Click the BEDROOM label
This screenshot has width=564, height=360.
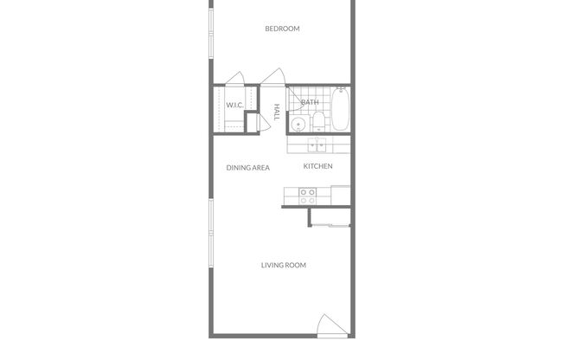(282, 29)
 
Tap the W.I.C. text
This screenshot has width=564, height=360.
(234, 106)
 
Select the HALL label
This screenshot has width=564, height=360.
(277, 112)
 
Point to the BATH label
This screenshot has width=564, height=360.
(309, 102)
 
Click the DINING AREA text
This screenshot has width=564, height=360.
(248, 168)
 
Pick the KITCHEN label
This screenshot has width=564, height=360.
(317, 166)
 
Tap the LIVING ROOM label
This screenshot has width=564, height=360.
(284, 265)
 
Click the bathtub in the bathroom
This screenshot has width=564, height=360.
(341, 109)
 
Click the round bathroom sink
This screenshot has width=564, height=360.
(298, 125)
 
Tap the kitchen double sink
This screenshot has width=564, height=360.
(318, 145)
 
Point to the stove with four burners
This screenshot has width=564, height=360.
(307, 196)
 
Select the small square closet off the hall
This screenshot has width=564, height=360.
(253, 122)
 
